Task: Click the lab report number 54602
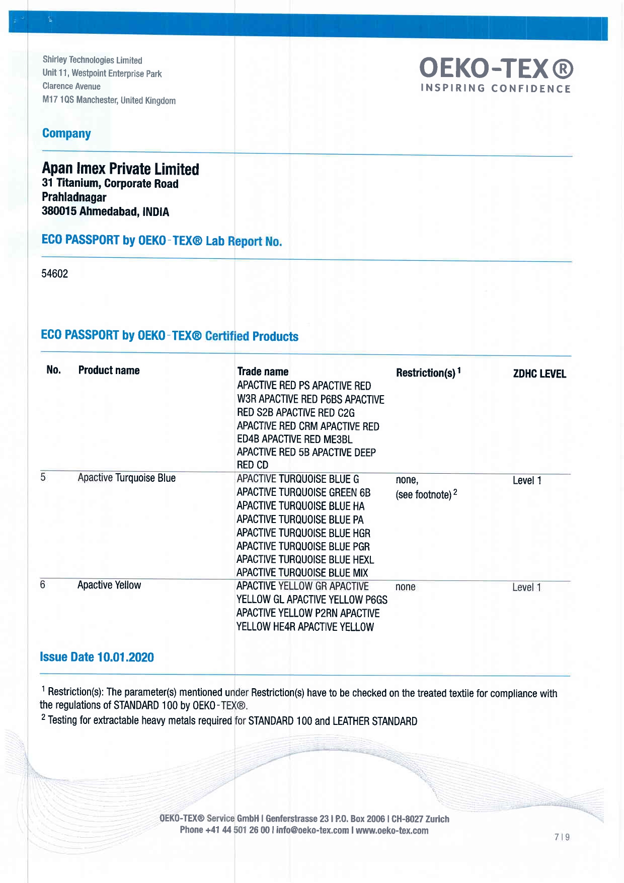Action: tap(54, 274)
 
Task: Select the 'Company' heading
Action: tap(66, 133)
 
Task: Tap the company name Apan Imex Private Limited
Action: tap(120, 169)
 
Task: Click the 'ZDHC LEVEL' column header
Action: tap(539, 374)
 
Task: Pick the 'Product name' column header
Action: tap(109, 371)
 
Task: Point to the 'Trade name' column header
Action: tap(263, 372)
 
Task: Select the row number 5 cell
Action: tap(43, 477)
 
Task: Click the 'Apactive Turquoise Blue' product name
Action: tap(126, 478)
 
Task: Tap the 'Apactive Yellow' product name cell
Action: tap(109, 585)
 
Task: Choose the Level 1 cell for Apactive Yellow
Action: tap(526, 587)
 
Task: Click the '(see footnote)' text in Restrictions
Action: tap(424, 495)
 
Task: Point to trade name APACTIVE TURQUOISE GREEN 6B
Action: tap(303, 493)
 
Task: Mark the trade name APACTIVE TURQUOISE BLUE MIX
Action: tap(302, 573)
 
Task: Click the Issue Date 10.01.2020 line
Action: tap(97, 657)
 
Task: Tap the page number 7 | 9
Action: tap(562, 837)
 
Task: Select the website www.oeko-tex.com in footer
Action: tap(392, 831)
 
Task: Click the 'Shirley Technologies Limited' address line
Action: tap(93, 60)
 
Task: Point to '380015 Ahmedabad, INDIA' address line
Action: tap(105, 211)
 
